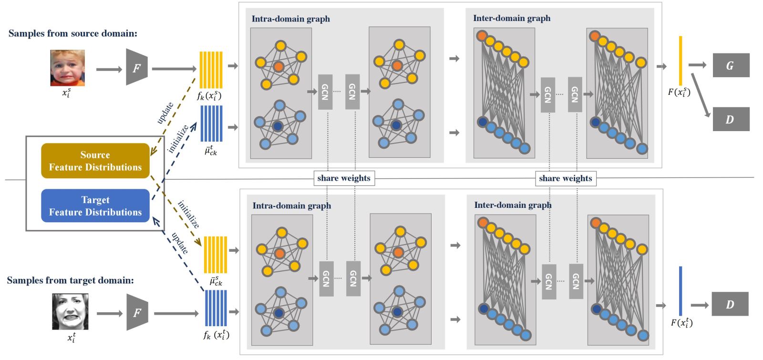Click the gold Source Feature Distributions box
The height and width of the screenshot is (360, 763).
95,161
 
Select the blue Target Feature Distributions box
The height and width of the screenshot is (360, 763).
95,206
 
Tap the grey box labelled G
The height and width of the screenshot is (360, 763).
731,65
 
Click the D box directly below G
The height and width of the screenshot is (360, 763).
731,119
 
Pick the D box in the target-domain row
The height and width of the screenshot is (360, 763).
730,304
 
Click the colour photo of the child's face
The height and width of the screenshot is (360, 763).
68,68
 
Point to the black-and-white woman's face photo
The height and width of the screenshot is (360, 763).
70,312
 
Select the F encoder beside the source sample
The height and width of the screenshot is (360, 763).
136,67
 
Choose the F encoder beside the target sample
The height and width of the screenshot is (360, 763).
137,312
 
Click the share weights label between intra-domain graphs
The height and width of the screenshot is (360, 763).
344,178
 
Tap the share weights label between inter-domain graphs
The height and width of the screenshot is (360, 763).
566,178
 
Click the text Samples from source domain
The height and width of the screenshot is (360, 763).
73,33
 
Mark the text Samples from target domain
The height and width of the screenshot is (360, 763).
71,280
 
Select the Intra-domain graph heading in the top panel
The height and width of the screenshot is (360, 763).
291,19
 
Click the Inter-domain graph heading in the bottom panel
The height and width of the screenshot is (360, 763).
513,205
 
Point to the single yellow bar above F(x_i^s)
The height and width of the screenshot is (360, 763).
681,61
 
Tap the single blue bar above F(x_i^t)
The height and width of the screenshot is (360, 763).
681,291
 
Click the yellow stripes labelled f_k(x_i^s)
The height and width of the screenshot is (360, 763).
210,70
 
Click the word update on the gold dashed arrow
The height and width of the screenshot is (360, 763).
165,113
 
